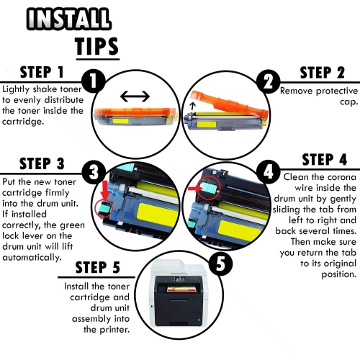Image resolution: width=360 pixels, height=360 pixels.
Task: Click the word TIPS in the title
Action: point(97,45)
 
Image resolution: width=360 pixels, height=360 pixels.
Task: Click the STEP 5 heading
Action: point(107,269)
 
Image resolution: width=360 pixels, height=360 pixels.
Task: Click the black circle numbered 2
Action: point(268,81)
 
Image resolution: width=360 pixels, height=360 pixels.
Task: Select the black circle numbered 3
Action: point(93,171)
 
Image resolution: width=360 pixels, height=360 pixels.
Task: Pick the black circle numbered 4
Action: point(268,171)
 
